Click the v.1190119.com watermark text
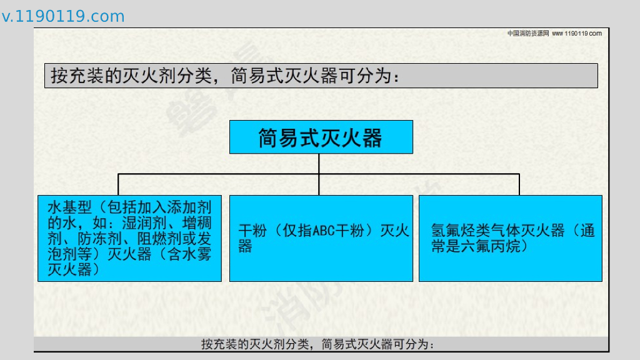tap(63, 17)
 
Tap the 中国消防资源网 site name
tap(527, 33)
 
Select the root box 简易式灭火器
tap(321, 137)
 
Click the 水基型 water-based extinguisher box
tap(129, 238)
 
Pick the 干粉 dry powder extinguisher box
tap(321, 238)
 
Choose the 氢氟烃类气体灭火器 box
tap(510, 238)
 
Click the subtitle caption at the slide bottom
tap(317, 344)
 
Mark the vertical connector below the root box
tap(319, 163)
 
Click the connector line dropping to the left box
tap(118, 184)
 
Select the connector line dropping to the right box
tap(519, 184)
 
